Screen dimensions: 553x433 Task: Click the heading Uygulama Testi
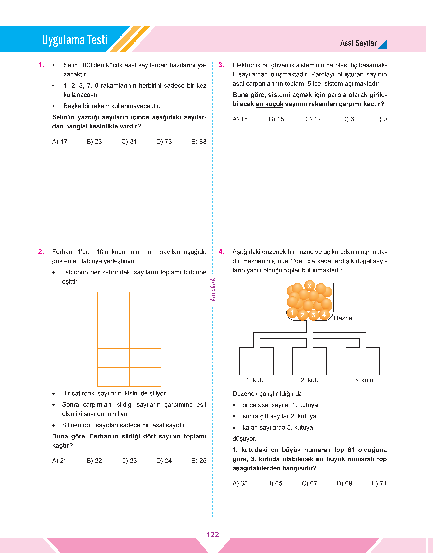75,40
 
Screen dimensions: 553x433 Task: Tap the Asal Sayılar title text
358,43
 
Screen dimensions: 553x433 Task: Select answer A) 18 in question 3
240,119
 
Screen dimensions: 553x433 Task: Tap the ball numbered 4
324,315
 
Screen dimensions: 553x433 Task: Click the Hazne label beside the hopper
343,318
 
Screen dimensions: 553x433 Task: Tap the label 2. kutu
310,380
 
